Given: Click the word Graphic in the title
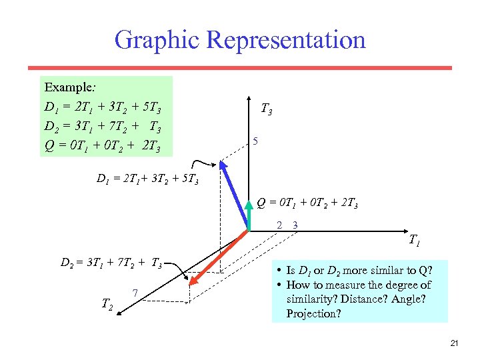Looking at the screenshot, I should point(157,39).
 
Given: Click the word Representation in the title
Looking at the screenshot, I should point(286,39).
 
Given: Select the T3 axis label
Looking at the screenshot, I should point(265,108).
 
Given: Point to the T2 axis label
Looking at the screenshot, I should point(107,304).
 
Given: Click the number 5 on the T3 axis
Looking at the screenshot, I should point(255,141).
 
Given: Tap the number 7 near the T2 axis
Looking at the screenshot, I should point(135,293).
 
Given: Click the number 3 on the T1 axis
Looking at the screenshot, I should point(295,225).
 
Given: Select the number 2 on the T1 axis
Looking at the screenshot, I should point(279,225).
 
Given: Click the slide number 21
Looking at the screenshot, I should point(455,343).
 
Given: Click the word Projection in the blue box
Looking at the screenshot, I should point(313,313).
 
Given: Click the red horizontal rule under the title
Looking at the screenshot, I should point(239,67).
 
